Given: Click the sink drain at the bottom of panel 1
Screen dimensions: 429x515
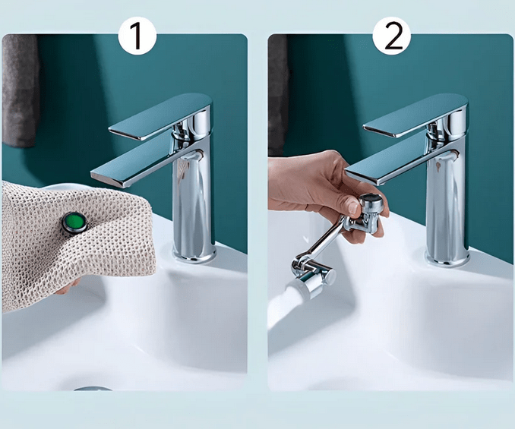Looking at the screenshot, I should [x=93, y=388].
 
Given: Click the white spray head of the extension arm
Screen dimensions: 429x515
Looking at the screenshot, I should [x=313, y=282].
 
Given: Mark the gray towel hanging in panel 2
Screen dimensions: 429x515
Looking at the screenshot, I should [x=278, y=91].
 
